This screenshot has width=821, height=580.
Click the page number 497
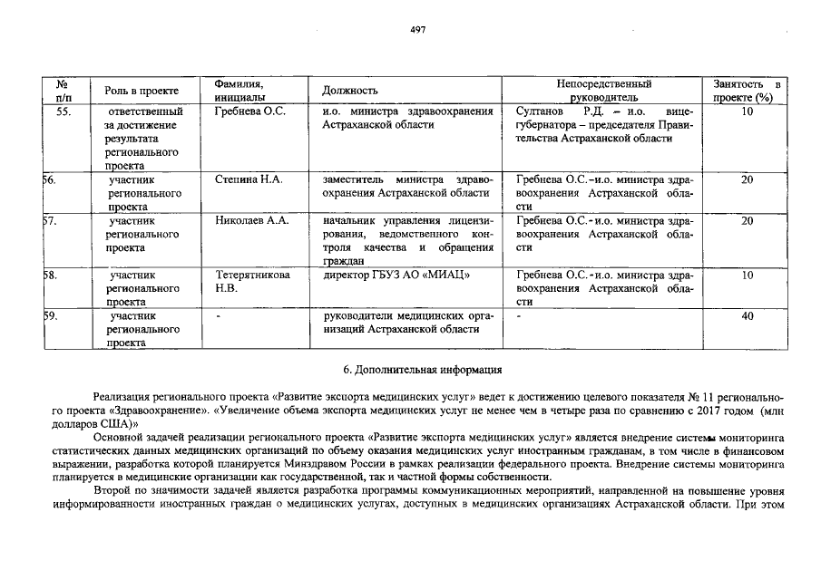[x=417, y=29]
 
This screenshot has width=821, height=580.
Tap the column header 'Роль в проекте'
[x=141, y=91]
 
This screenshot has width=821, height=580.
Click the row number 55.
[x=64, y=111]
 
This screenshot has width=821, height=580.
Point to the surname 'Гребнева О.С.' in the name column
[x=250, y=111]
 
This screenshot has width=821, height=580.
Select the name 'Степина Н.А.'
[x=249, y=179]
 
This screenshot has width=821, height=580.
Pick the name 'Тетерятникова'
[x=253, y=274]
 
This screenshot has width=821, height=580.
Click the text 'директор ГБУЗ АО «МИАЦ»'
[x=391, y=274]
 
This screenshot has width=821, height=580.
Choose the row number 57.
[x=53, y=220]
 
